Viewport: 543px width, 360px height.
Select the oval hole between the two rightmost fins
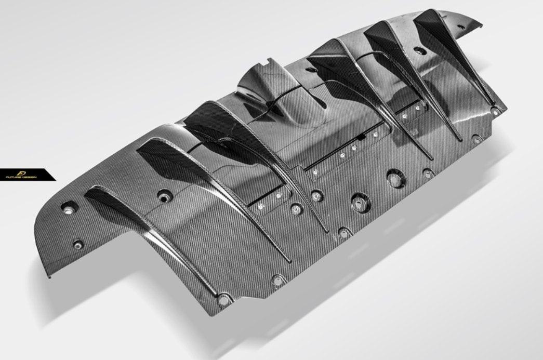[x=420, y=50]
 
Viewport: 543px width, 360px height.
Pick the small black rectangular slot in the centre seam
[x=361, y=138]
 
